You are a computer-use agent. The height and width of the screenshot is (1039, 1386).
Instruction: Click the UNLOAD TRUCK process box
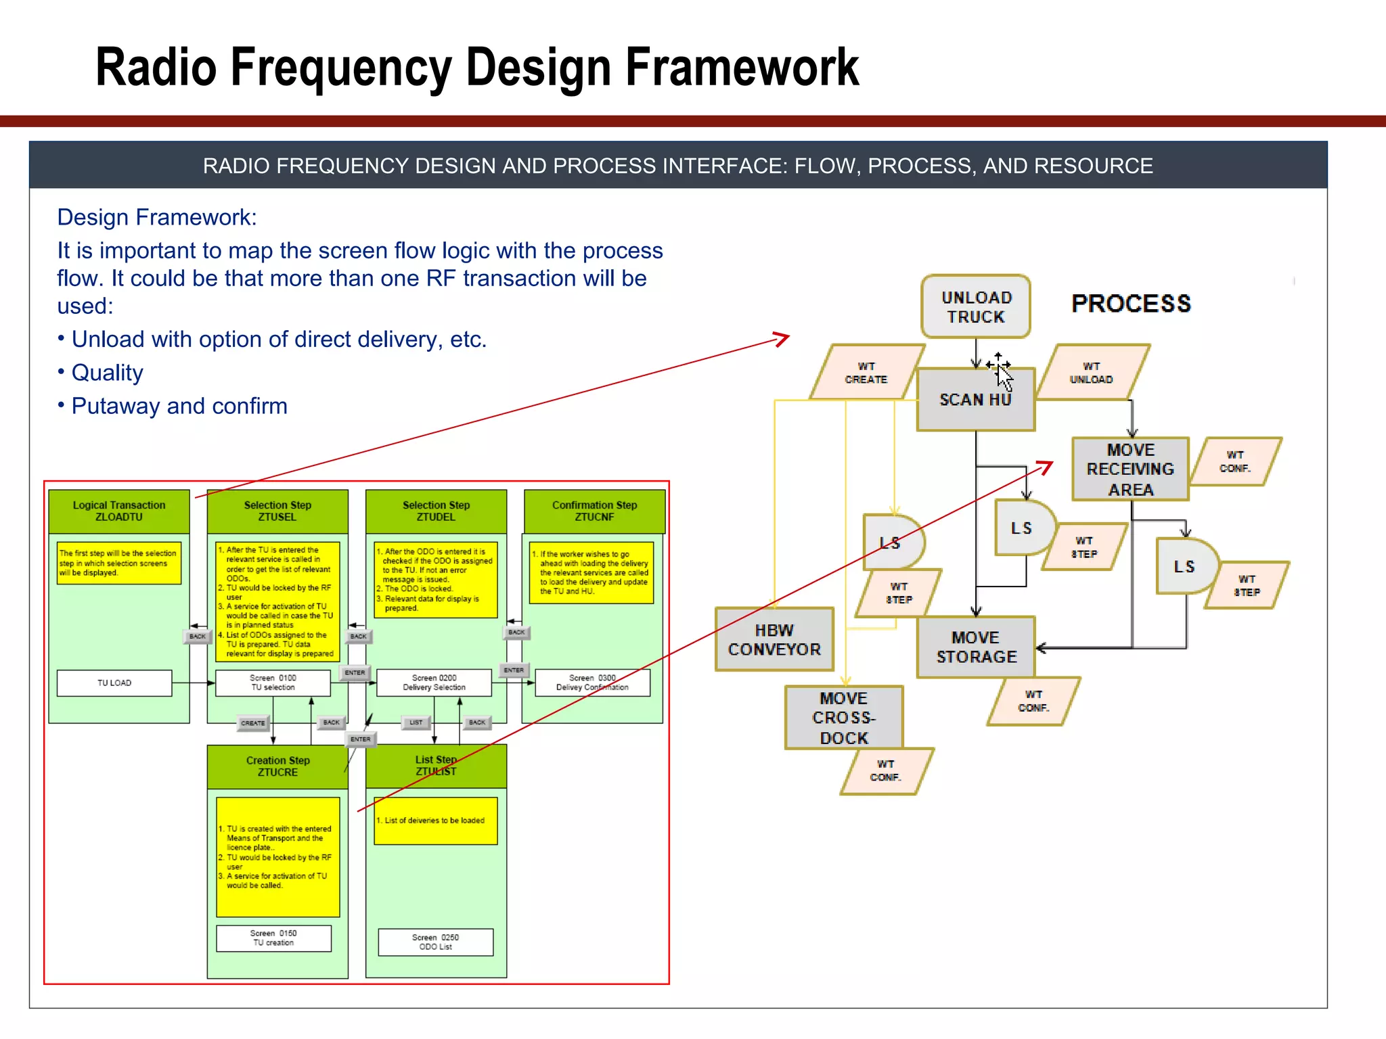tap(975, 306)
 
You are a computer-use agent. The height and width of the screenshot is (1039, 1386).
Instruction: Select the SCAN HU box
tap(975, 400)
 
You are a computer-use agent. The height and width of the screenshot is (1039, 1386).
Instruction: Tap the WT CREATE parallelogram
tap(866, 373)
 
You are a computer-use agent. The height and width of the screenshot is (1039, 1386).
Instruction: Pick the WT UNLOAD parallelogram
tap(1091, 373)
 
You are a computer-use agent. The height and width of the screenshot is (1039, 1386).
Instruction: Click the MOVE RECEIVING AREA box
tap(1130, 469)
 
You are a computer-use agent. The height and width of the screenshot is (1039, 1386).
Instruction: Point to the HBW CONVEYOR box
tap(774, 640)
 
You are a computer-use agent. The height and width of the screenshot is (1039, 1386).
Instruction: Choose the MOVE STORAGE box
tap(976, 647)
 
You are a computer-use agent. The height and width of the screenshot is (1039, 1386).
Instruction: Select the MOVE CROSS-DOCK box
tap(844, 718)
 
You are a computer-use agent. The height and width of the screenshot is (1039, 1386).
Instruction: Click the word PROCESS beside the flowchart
tap(1131, 304)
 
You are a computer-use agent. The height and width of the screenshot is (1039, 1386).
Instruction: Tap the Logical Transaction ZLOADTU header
tap(119, 511)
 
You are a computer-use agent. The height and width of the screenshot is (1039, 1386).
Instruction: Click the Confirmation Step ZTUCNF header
tap(594, 511)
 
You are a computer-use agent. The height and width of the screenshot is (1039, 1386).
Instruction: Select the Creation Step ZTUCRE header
tap(277, 766)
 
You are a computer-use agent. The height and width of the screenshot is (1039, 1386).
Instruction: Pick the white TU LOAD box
tap(114, 683)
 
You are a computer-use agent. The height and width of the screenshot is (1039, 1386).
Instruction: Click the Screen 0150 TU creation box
tap(273, 938)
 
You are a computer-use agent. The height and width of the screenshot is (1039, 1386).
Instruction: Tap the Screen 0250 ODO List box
tap(435, 942)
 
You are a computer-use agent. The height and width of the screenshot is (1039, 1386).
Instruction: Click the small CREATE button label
tap(253, 723)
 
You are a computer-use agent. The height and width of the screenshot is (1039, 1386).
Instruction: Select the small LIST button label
tap(416, 722)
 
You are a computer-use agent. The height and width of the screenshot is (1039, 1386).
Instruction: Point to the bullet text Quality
tap(107, 373)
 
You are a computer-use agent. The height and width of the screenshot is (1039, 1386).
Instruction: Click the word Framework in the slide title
tap(742, 67)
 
